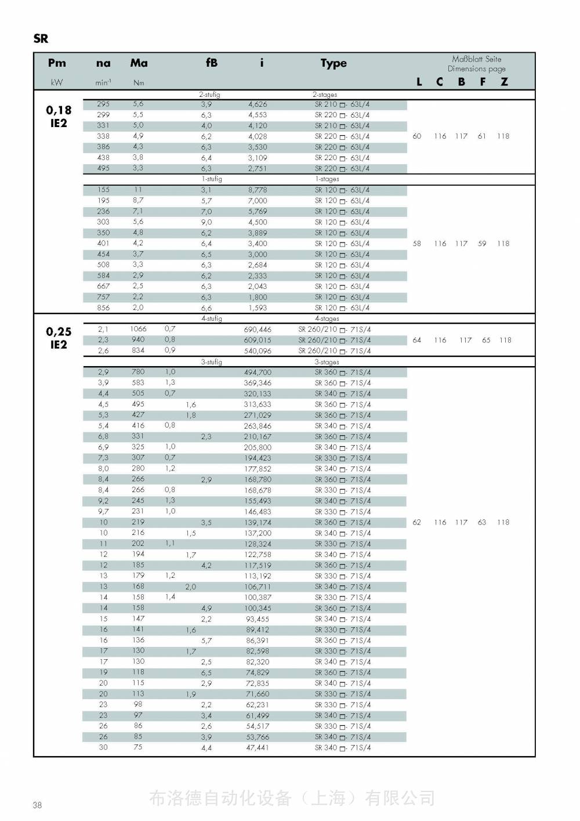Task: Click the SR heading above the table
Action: (41, 39)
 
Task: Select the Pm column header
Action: (57, 63)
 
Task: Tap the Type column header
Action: (333, 63)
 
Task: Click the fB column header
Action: (212, 63)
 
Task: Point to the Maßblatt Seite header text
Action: (476, 59)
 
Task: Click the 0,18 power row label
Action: (59, 110)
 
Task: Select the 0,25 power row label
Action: (59, 332)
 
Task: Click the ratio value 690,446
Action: (258, 330)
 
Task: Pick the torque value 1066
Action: (138, 329)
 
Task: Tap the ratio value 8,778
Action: (258, 190)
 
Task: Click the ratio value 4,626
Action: (258, 105)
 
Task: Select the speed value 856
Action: (103, 308)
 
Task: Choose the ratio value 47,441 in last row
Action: (258, 748)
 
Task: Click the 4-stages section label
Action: (327, 319)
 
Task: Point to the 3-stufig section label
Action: (211, 362)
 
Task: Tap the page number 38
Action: (37, 805)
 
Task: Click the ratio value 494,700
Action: (258, 372)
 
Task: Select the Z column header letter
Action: (504, 82)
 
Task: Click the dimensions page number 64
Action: (416, 340)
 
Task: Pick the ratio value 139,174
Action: (258, 523)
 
